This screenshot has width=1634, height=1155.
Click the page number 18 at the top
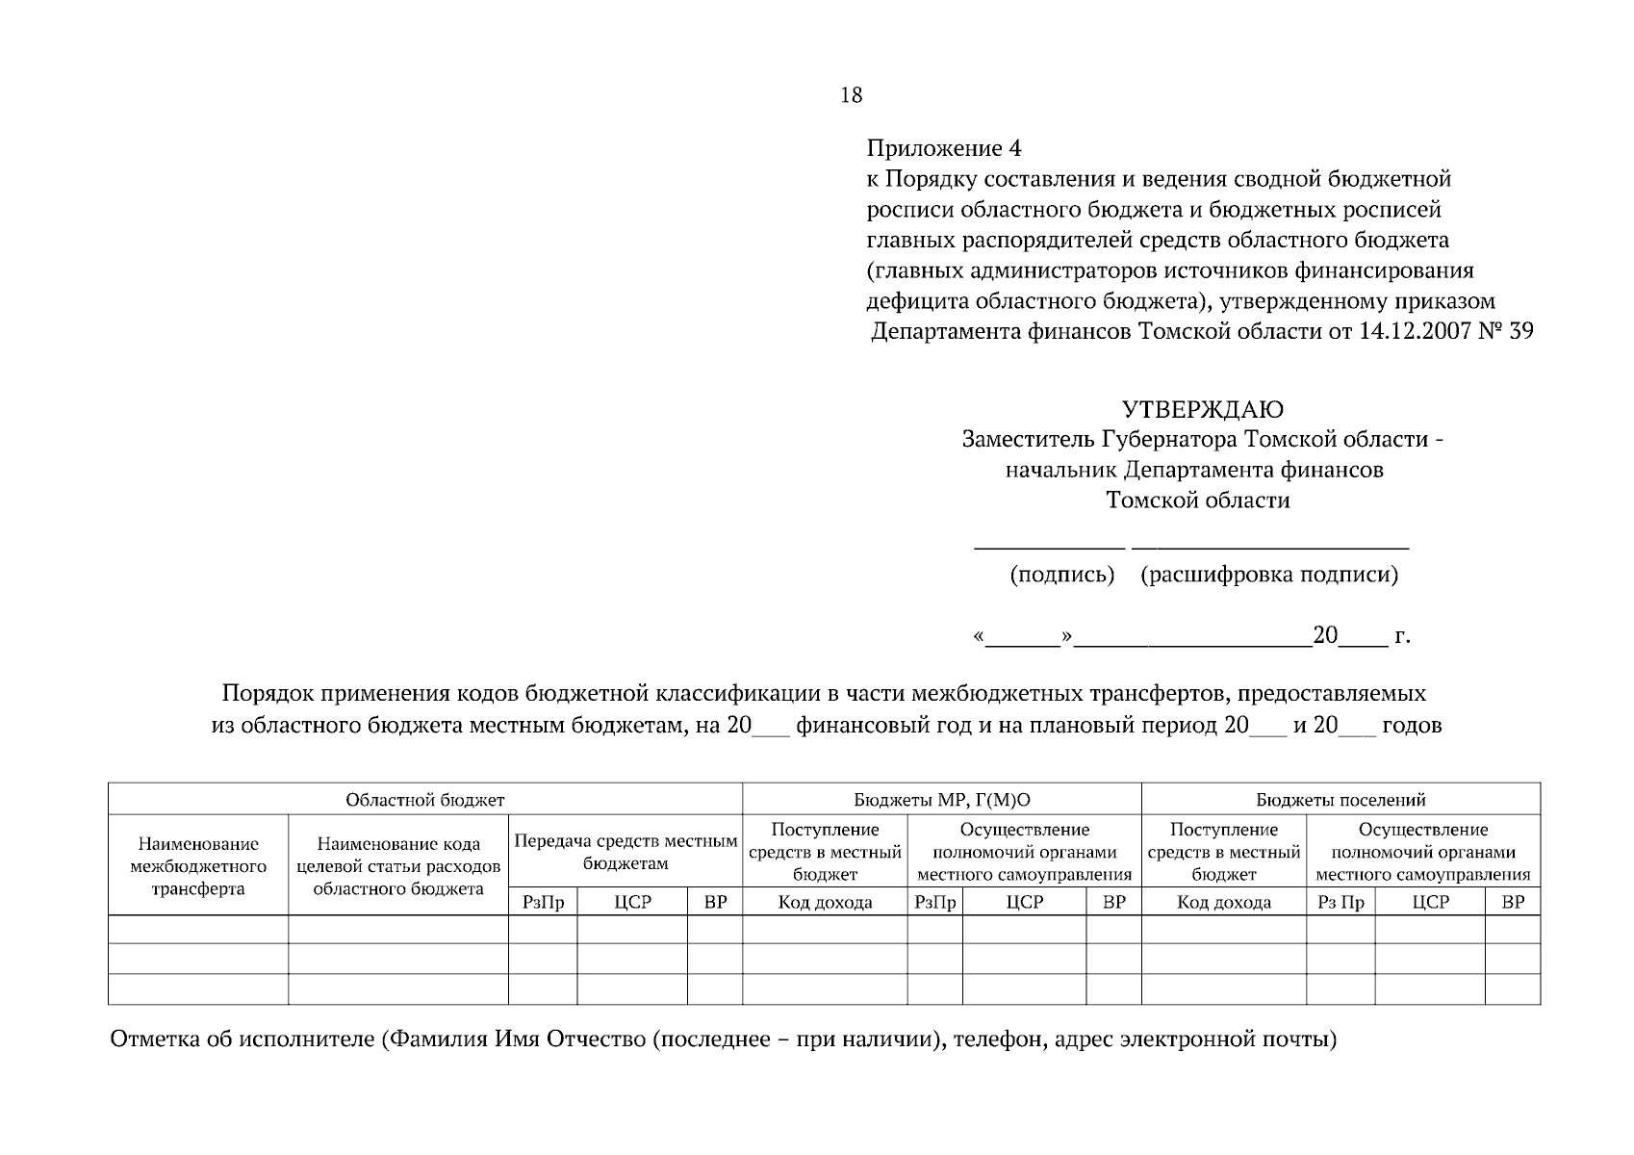coord(851,94)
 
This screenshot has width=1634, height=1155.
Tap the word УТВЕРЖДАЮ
coord(1203,410)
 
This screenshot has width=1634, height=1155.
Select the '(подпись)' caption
coord(1061,575)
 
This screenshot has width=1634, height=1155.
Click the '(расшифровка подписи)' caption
coord(1268,575)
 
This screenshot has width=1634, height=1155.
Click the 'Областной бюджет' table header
coord(424,800)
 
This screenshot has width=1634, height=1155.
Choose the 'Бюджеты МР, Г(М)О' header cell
coord(941,800)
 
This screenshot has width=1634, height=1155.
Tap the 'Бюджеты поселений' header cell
coord(1340,800)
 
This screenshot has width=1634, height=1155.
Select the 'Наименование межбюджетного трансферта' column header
coord(198,866)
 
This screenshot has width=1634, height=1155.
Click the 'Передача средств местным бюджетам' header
coord(626,852)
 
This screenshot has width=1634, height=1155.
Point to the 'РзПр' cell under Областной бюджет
coord(543,902)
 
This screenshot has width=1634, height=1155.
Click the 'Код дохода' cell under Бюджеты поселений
coord(1223,902)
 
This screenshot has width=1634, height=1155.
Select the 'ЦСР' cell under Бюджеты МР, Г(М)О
coord(1024,902)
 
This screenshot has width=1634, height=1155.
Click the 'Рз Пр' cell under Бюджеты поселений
coord(1340,902)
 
